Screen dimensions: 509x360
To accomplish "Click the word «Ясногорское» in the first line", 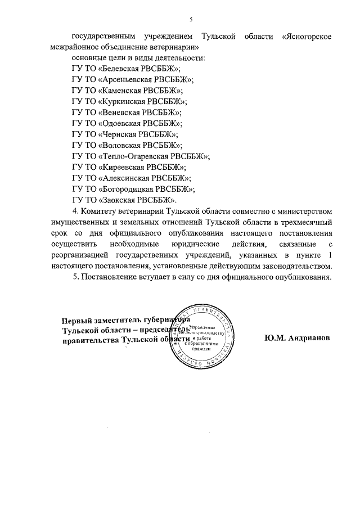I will click(305, 37).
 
